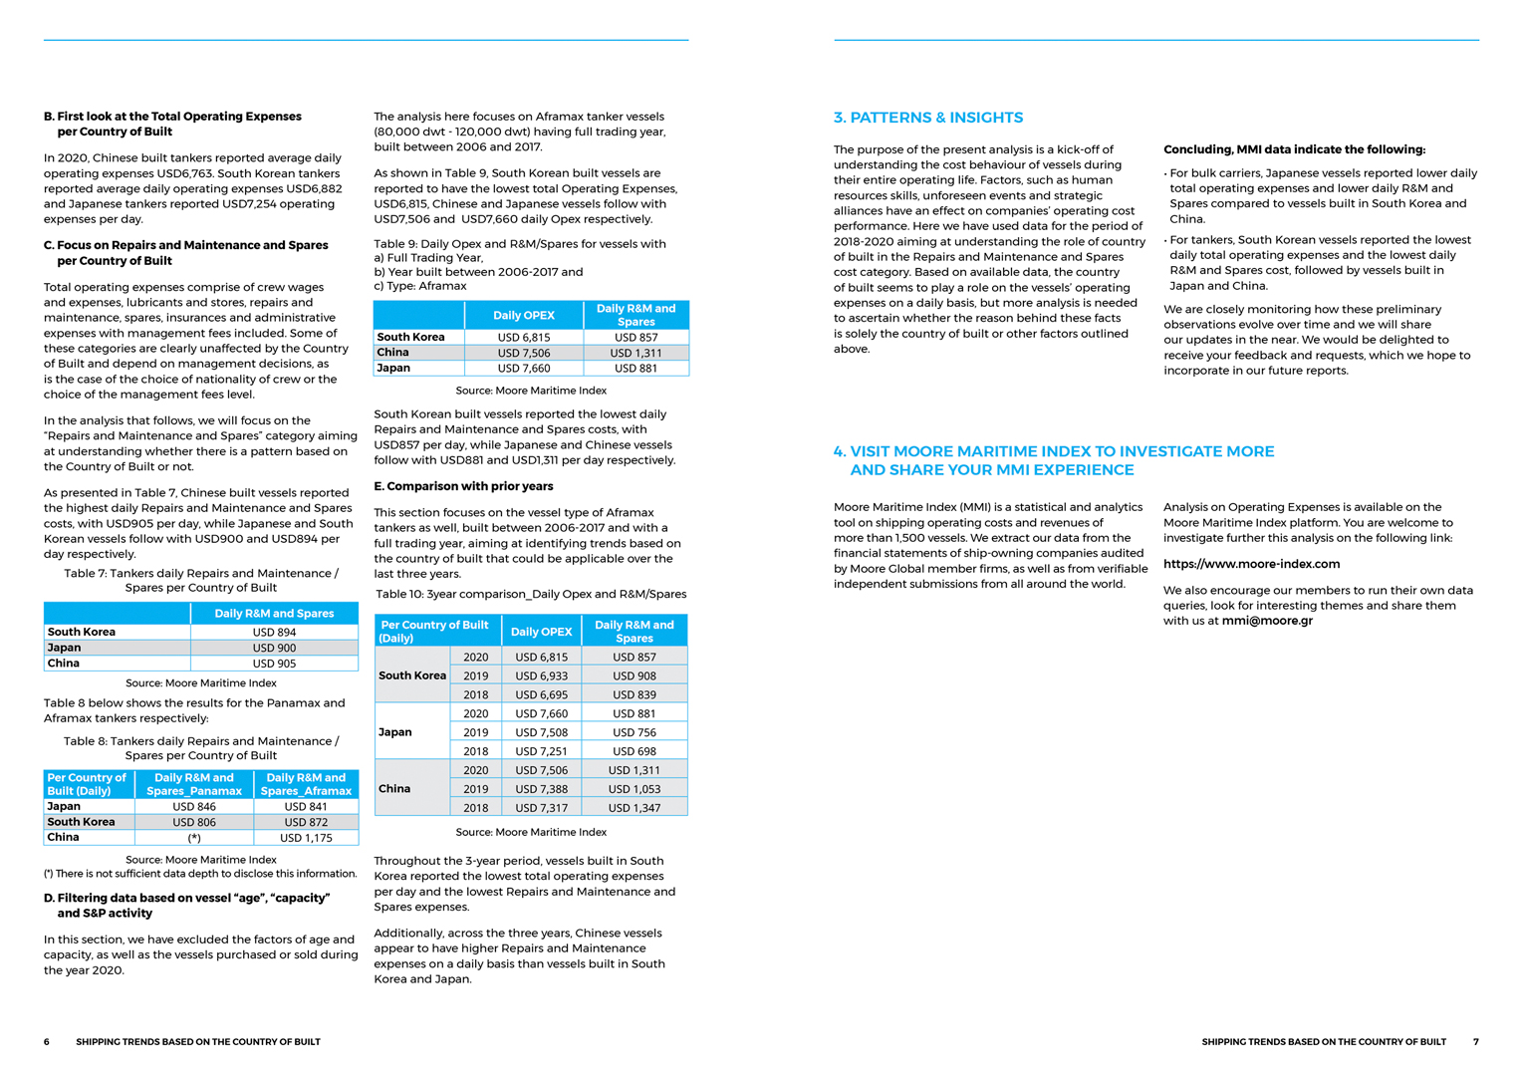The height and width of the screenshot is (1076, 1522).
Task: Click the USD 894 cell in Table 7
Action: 274,632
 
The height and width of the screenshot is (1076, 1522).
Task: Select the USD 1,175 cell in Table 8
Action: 306,838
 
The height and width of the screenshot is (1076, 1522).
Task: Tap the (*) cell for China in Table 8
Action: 194,838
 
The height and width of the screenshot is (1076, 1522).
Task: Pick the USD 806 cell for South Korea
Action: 194,822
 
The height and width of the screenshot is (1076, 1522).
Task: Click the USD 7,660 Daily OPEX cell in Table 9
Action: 524,369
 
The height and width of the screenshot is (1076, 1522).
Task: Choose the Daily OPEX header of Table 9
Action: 524,315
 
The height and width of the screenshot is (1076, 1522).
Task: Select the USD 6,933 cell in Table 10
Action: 541,675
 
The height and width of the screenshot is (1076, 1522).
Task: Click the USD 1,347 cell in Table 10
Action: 634,808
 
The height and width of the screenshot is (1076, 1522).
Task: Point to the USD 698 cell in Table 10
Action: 634,751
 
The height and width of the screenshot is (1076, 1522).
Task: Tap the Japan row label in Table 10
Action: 395,732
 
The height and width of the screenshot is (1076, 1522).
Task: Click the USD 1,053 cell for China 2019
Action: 634,789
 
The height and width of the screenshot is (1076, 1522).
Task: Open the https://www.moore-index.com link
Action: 1251,564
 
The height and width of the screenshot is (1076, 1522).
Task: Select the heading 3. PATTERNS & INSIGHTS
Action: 928,118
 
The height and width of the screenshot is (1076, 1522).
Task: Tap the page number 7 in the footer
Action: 1476,1042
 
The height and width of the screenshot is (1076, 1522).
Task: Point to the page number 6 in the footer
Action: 47,1042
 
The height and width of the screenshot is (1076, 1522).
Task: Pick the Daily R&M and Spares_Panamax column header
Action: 194,784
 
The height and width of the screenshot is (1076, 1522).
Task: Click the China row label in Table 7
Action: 64,664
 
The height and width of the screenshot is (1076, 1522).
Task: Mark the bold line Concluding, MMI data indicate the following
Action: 1294,149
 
